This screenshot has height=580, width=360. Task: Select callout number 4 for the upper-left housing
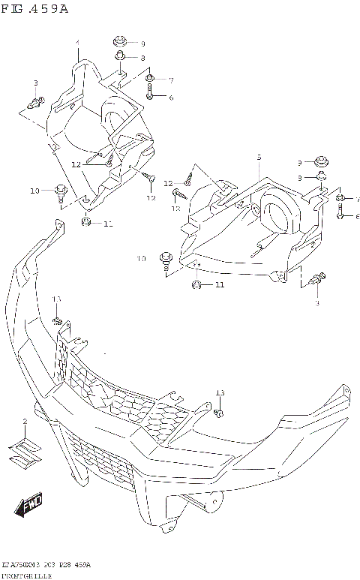point(76,42)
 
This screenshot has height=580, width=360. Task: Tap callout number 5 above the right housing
point(259,158)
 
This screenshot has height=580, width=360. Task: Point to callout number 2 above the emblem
point(24,422)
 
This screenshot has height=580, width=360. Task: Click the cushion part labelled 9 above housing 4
point(120,42)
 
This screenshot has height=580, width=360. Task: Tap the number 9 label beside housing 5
point(299,163)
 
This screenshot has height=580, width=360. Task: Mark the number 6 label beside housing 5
point(358,216)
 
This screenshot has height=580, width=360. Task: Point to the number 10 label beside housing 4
point(34,191)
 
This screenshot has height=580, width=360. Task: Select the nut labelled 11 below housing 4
point(86,222)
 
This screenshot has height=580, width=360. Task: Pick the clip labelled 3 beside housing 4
point(37,98)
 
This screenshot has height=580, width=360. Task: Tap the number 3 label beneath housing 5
point(316,302)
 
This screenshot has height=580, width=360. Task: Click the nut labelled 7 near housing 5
point(339,198)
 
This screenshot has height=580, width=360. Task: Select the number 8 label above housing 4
point(142,58)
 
